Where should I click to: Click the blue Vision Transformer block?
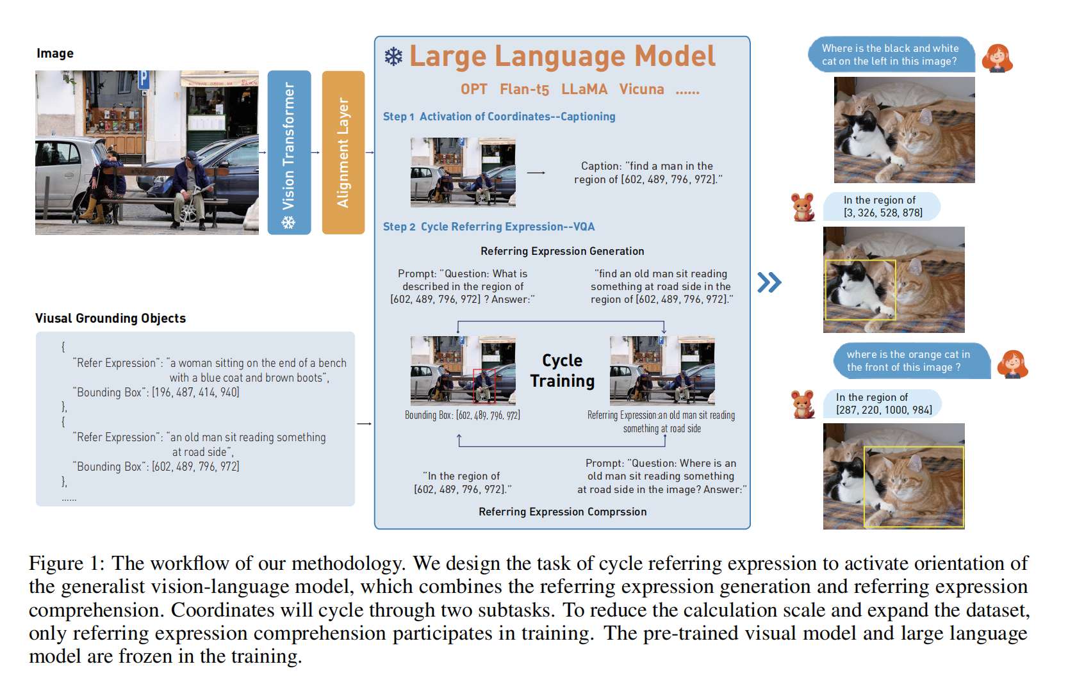[289, 152]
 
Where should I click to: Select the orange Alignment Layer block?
[343, 152]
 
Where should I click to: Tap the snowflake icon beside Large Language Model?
[393, 57]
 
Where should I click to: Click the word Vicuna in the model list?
[641, 90]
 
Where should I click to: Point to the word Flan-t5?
[524, 90]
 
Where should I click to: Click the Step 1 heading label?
[398, 117]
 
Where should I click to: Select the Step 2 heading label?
[399, 227]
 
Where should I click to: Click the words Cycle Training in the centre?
[562, 371]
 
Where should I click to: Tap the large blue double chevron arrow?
[769, 282]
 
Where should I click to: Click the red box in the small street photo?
[484, 385]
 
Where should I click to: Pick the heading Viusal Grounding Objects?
[110, 318]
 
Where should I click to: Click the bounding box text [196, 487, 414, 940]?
[195, 392]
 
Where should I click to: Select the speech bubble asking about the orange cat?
[911, 361]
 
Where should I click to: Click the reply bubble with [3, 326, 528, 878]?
[882, 206]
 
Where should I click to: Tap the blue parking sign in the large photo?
[144, 79]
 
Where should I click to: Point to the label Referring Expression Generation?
[562, 251]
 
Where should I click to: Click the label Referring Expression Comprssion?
[562, 512]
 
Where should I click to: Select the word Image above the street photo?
[55, 53]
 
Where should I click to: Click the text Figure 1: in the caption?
[66, 563]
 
